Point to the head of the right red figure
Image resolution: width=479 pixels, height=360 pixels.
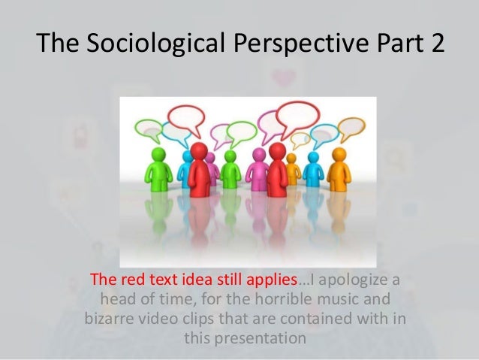pos(277,151)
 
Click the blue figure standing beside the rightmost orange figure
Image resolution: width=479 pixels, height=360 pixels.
pos(312,169)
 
